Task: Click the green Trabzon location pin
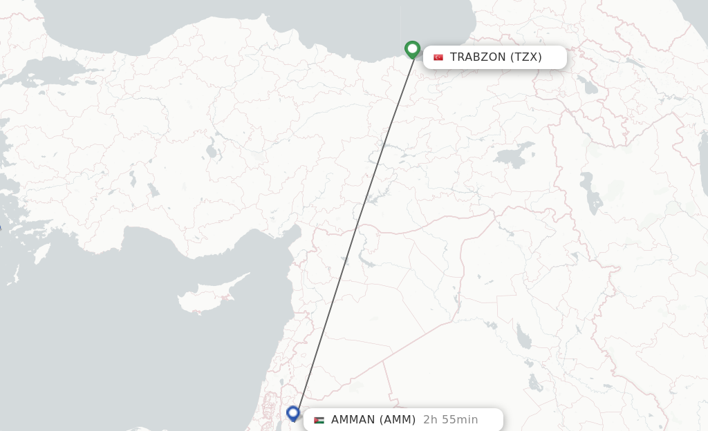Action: point(413,49)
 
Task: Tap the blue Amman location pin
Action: point(293,413)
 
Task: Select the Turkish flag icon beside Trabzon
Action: point(438,57)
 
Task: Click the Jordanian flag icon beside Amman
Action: point(319,420)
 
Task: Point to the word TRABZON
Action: point(478,57)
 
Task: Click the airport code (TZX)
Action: point(526,57)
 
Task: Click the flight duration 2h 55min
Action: point(451,420)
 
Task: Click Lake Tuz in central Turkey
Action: point(211,151)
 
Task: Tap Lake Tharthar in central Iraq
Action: point(523,336)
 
